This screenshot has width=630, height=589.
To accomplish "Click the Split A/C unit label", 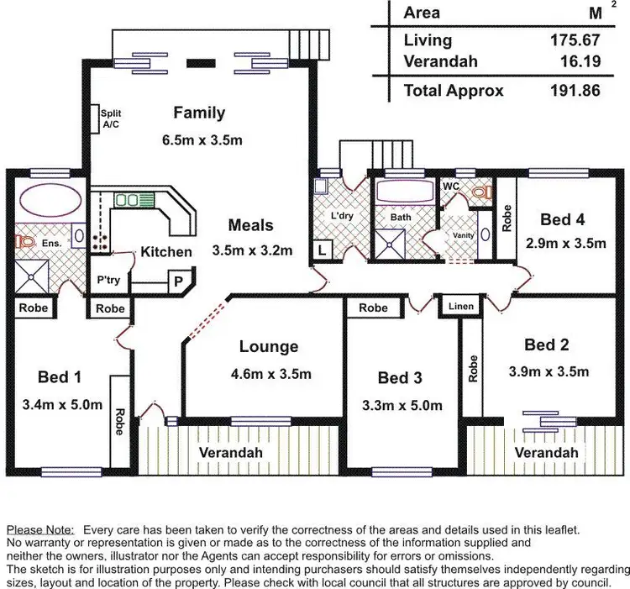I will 110,118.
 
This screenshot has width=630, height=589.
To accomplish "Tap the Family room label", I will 199,113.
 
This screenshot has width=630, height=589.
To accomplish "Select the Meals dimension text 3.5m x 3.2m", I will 251,250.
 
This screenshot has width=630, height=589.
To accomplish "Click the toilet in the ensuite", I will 24,243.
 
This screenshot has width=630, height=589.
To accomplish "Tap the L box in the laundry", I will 323,249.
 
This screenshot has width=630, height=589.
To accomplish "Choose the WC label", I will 451,185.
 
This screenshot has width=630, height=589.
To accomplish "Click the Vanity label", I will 464,236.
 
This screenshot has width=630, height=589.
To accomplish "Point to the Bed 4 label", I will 562,219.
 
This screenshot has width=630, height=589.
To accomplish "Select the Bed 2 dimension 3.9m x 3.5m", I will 549,371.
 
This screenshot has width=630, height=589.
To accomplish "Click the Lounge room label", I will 268,346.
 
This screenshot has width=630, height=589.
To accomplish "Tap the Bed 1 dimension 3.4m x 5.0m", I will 62,405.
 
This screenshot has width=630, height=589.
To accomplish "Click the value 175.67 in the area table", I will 577,39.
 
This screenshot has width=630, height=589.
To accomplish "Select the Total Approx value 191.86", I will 577,90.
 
